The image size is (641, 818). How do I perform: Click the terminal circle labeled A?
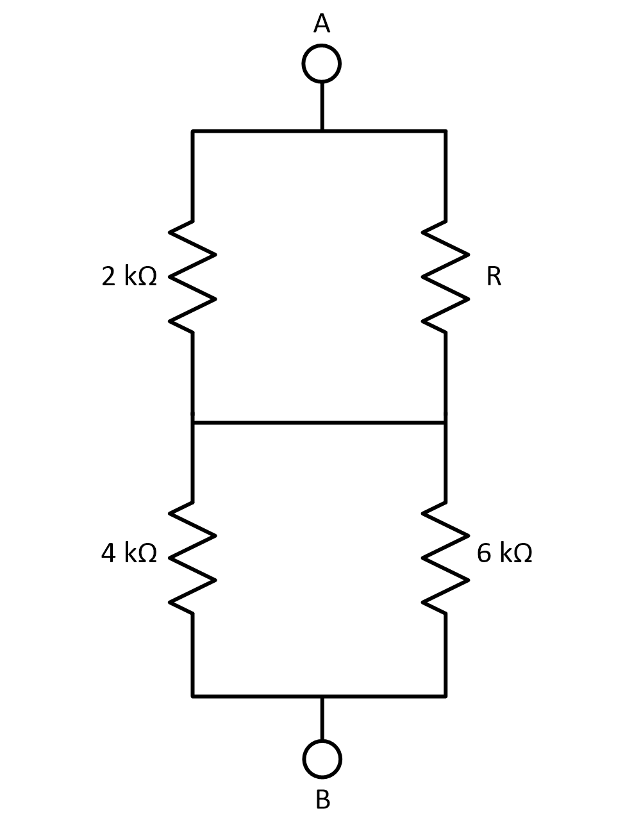click(x=321, y=63)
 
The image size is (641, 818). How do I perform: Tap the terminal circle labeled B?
click(x=322, y=759)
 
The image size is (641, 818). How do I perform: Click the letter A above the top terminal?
click(x=322, y=24)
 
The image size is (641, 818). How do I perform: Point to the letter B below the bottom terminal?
click(x=323, y=799)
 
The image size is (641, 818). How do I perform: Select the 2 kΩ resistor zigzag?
click(x=192, y=276)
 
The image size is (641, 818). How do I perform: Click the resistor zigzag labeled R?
click(x=445, y=276)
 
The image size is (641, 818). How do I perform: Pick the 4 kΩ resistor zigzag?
click(x=192, y=558)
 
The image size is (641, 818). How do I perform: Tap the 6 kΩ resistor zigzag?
click(x=445, y=558)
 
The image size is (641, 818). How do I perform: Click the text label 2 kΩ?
click(x=129, y=276)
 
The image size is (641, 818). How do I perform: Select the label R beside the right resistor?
click(x=494, y=276)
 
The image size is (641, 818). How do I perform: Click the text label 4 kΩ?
click(x=129, y=553)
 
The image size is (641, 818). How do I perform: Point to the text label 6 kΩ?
click(x=504, y=553)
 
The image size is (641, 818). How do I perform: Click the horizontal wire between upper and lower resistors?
click(x=319, y=422)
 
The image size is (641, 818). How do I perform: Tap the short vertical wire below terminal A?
click(x=322, y=106)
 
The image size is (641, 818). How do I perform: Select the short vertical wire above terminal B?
click(x=322, y=718)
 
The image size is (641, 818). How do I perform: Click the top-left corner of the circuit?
click(x=193, y=131)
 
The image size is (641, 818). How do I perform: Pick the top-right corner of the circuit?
click(x=445, y=131)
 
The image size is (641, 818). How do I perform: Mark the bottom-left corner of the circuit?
click(x=193, y=696)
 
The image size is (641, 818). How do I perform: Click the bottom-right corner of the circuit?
click(x=445, y=696)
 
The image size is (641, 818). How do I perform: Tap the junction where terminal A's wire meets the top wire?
click(x=322, y=131)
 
